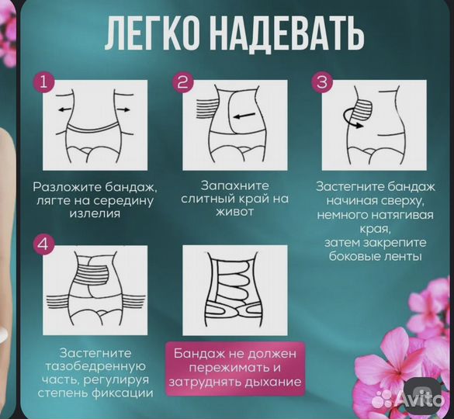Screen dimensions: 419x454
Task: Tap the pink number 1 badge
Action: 43,81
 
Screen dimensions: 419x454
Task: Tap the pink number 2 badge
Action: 183,81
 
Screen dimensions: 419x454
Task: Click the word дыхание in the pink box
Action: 272,381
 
